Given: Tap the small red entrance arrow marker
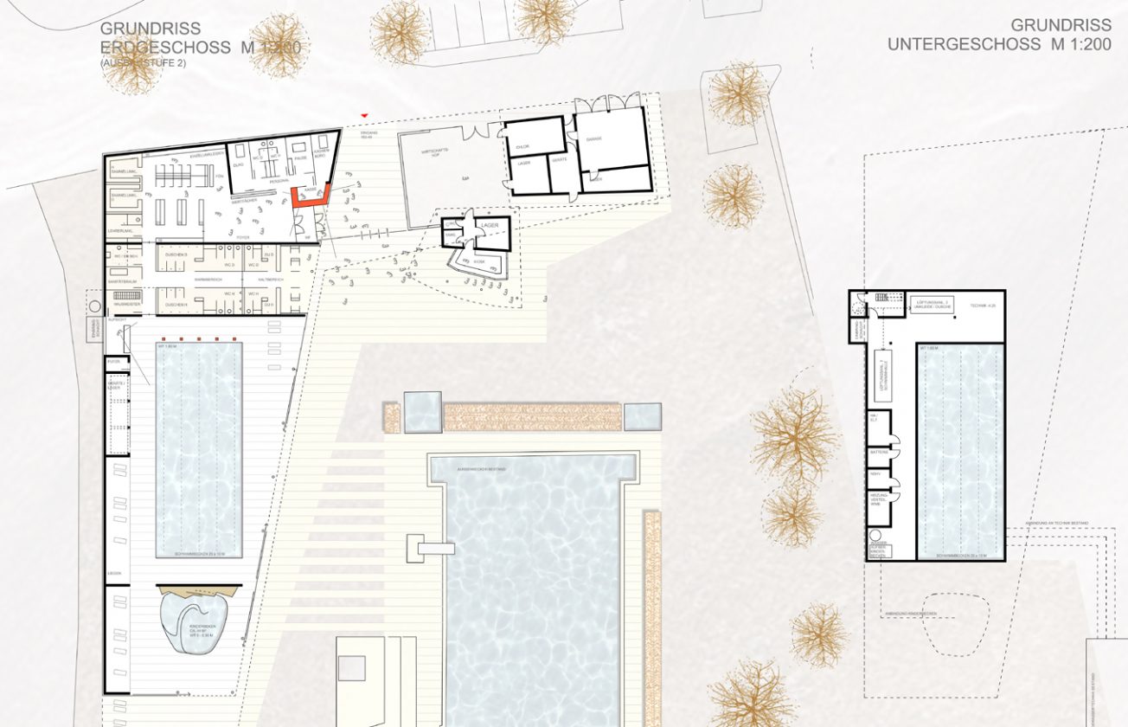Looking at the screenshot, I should (x=365, y=114).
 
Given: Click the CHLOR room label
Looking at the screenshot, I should (x=522, y=147).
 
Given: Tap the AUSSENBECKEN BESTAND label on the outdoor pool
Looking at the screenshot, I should (x=481, y=468).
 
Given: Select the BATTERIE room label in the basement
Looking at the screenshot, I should (x=878, y=452).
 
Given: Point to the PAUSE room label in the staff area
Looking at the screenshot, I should (x=300, y=158).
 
